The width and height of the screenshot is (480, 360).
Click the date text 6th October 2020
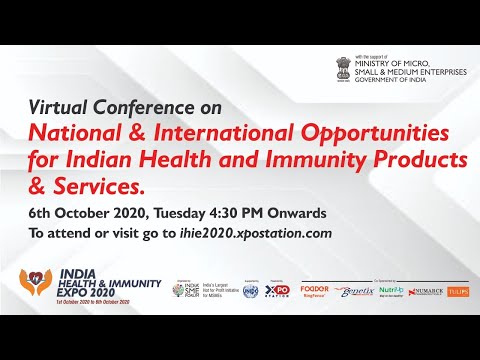(x=80, y=212)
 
